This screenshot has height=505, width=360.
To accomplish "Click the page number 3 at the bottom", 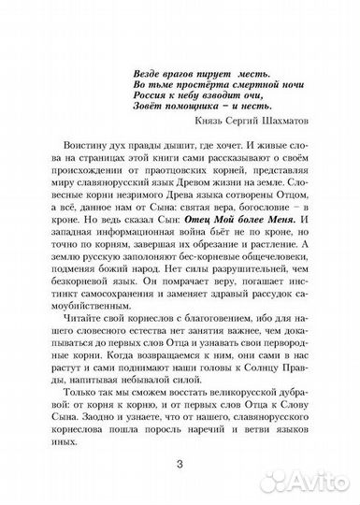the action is click(x=180, y=467).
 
